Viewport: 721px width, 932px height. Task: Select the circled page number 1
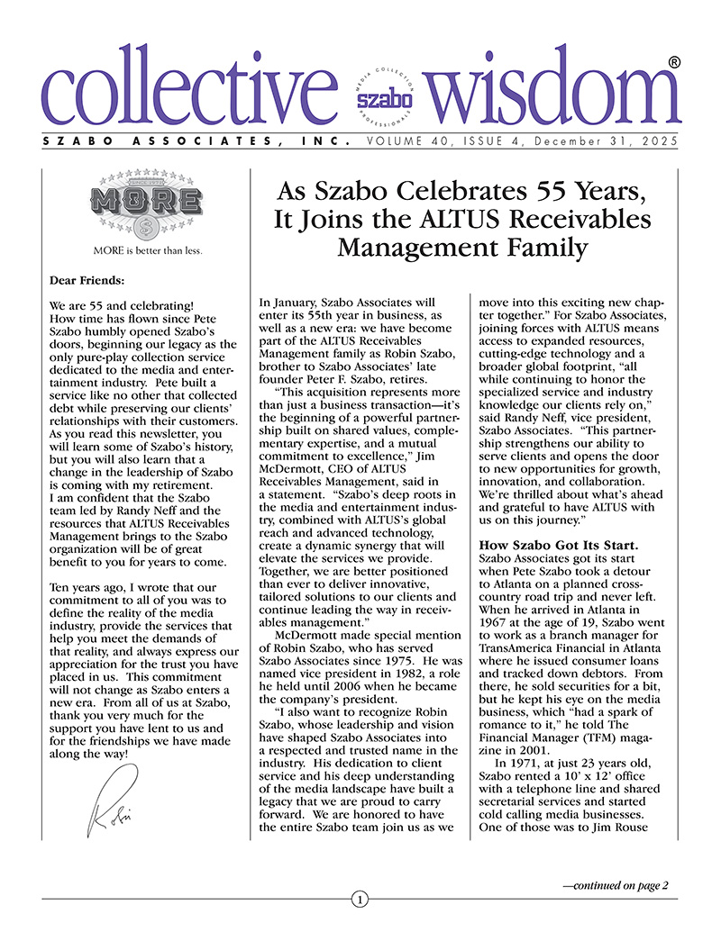(360, 899)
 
